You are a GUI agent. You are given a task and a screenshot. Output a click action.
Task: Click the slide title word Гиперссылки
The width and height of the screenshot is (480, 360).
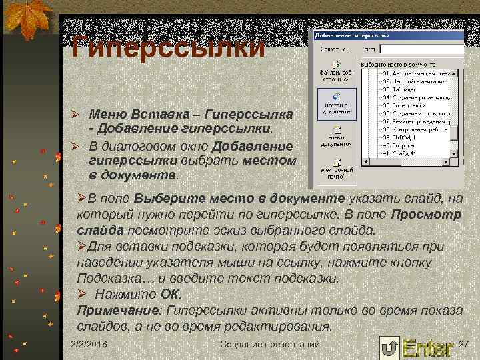(x=168, y=48)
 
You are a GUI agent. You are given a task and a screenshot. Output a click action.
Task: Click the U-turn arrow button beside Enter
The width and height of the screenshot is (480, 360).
(x=389, y=347)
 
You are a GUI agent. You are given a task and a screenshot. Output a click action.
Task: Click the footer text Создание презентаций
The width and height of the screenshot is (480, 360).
(x=270, y=344)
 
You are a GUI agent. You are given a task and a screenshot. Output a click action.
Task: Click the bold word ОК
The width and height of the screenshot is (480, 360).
(x=171, y=294)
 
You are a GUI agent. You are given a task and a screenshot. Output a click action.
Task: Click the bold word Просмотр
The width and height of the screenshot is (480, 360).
(x=426, y=215)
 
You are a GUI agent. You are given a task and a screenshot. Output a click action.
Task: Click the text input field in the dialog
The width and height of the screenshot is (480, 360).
(x=420, y=49)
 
